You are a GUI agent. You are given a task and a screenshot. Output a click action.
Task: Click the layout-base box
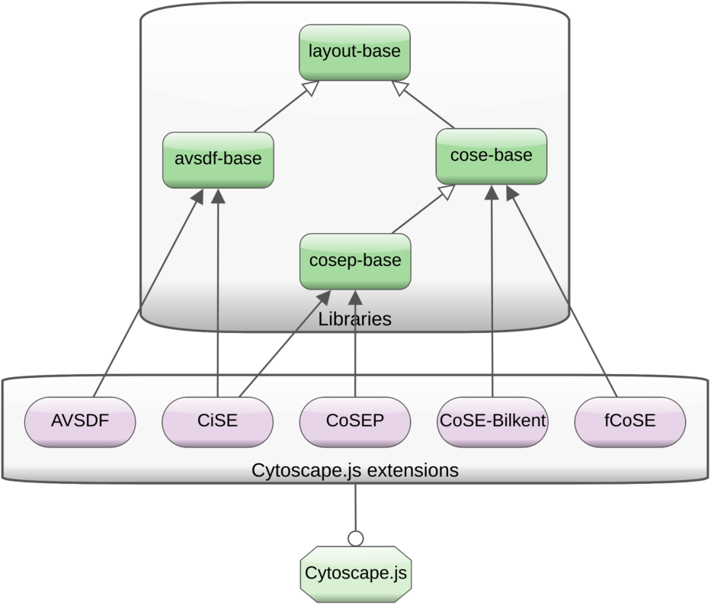(354, 51)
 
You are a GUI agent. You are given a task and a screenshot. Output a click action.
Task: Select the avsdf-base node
(218, 159)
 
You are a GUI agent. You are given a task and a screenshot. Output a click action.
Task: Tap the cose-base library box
(492, 156)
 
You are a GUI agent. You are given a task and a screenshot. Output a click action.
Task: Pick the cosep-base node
(355, 261)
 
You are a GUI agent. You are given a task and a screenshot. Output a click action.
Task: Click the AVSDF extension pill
(81, 421)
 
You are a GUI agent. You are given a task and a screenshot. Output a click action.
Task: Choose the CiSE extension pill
(218, 421)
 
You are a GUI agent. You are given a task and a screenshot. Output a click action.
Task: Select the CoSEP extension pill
(355, 421)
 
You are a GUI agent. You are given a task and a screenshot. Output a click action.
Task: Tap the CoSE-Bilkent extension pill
(493, 421)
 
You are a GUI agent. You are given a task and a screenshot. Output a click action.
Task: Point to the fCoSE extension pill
(630, 421)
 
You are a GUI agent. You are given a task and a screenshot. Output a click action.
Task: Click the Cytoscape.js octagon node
(355, 573)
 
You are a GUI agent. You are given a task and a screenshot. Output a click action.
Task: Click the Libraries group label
(355, 319)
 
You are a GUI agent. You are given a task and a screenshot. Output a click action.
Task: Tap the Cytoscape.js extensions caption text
(355, 470)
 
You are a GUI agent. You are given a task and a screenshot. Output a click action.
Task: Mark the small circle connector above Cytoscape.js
(355, 539)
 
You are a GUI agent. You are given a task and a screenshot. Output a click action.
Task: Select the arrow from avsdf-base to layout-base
(283, 108)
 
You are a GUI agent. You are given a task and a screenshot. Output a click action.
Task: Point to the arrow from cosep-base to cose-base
(418, 213)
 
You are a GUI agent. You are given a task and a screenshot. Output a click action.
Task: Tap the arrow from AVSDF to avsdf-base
(149, 293)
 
